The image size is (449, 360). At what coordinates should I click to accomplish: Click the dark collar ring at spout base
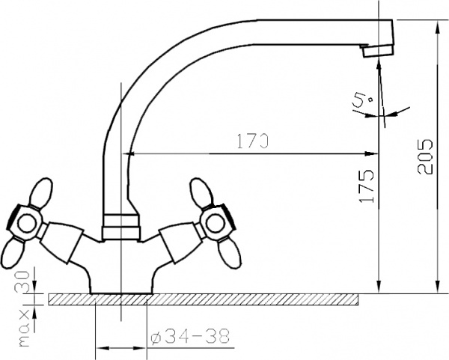coord(121,222)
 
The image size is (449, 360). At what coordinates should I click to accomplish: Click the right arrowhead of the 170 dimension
coord(373,154)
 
